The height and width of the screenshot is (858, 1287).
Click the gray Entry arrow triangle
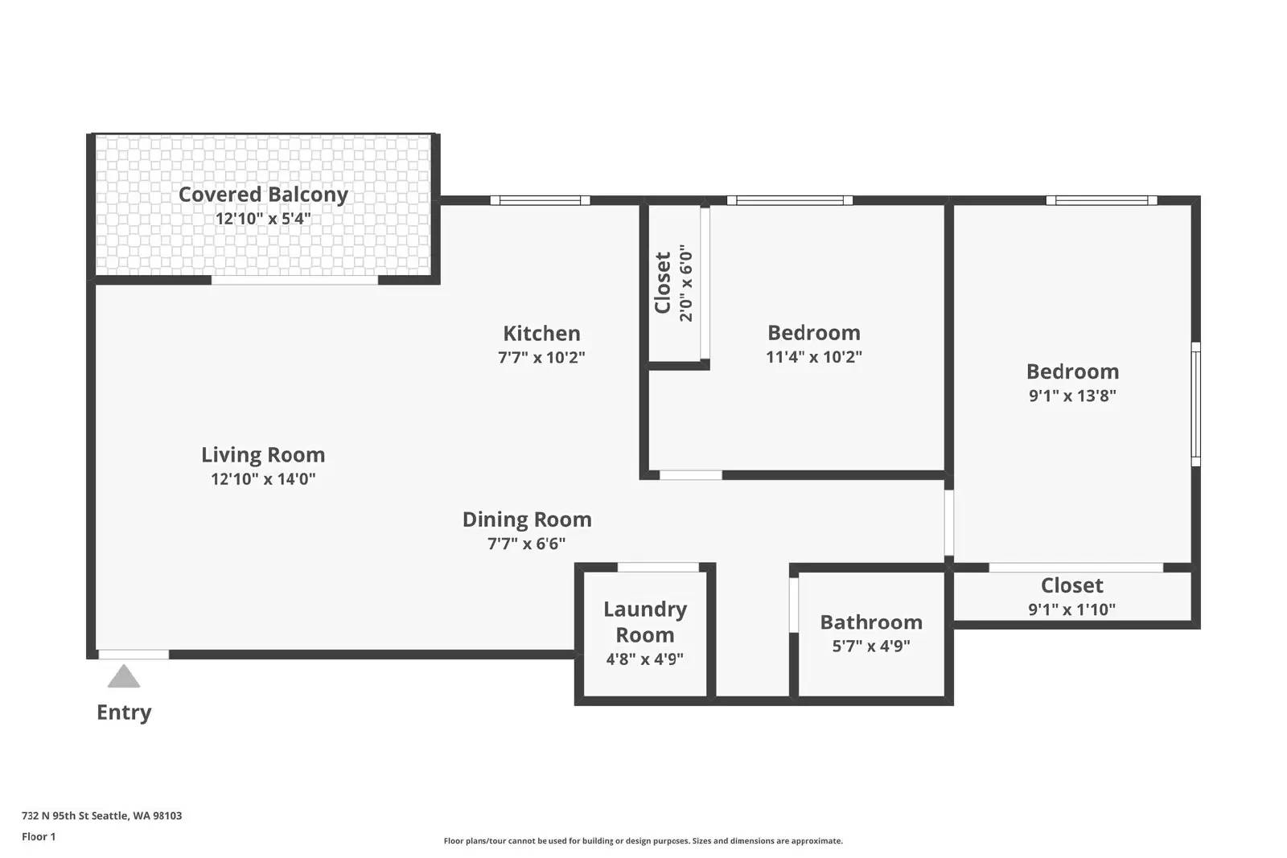click(x=124, y=677)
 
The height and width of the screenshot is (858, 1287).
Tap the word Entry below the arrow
click(x=124, y=712)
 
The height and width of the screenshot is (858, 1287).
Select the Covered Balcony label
click(x=263, y=195)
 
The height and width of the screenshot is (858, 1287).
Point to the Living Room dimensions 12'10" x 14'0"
click(x=263, y=479)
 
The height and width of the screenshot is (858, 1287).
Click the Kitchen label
click(x=542, y=333)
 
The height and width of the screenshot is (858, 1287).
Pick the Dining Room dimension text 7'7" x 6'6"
click(x=526, y=544)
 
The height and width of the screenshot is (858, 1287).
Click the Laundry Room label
click(x=645, y=622)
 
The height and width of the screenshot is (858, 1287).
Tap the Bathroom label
click(x=871, y=622)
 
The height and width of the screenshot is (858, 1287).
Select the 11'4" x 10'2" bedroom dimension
click(x=813, y=357)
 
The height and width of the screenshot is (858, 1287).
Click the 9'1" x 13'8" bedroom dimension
click(x=1072, y=396)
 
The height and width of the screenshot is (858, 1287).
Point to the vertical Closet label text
click(x=663, y=282)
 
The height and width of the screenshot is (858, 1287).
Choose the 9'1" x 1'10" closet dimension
click(x=1071, y=610)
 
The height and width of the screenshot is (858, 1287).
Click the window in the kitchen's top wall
click(x=540, y=200)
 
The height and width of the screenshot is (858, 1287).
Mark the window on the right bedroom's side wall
click(x=1195, y=404)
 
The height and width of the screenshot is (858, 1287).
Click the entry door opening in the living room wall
click(x=134, y=655)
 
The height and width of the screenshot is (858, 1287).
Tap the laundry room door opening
click(x=658, y=568)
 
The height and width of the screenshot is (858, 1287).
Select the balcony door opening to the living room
click(x=294, y=281)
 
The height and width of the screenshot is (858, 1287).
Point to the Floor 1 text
click(x=39, y=837)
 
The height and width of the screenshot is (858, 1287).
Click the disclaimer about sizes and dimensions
click(x=643, y=841)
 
